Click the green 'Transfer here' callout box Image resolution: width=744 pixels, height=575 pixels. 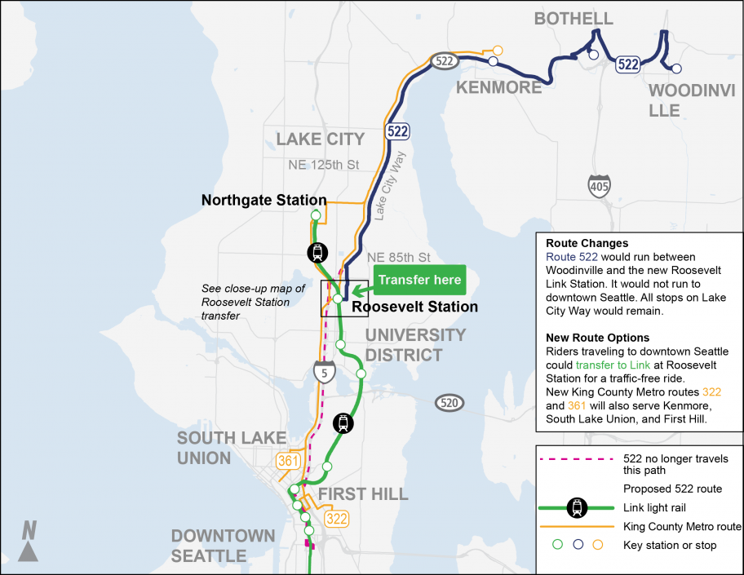(x=419, y=281)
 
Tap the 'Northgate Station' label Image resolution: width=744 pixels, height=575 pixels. (x=263, y=200)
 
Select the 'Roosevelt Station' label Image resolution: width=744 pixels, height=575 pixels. (x=415, y=307)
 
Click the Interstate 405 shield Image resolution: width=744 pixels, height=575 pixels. (x=600, y=187)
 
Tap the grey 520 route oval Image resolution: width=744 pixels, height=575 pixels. (x=449, y=402)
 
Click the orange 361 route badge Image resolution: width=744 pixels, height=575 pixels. (x=287, y=461)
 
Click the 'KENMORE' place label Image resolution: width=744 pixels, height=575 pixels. (x=498, y=87)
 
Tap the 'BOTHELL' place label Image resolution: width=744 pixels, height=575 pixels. (x=573, y=19)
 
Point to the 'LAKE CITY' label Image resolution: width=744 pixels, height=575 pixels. (x=320, y=139)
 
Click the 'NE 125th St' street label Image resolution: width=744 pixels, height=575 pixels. (x=324, y=165)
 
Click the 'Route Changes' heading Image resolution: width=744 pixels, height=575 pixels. (x=577, y=243)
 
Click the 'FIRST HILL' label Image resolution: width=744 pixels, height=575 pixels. (x=363, y=494)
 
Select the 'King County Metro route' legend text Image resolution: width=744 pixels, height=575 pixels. (x=682, y=527)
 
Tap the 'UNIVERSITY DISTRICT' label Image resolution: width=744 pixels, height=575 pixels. (x=415, y=345)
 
